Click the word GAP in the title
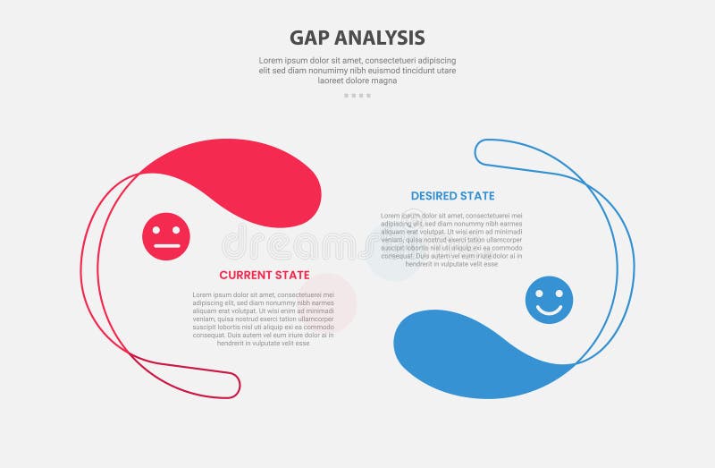coord(309,38)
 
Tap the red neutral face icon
coord(166,237)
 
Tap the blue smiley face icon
coord(550,300)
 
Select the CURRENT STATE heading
coord(265,275)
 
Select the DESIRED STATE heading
coord(452,196)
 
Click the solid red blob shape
coord(241,179)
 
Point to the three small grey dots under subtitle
coord(357,95)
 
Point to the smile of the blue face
coord(550,310)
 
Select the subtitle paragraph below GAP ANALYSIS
coord(357,71)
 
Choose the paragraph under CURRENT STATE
coord(264,319)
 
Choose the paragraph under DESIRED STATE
coord(451,240)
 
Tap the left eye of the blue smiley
coord(542,293)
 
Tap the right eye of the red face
coord(175,230)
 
